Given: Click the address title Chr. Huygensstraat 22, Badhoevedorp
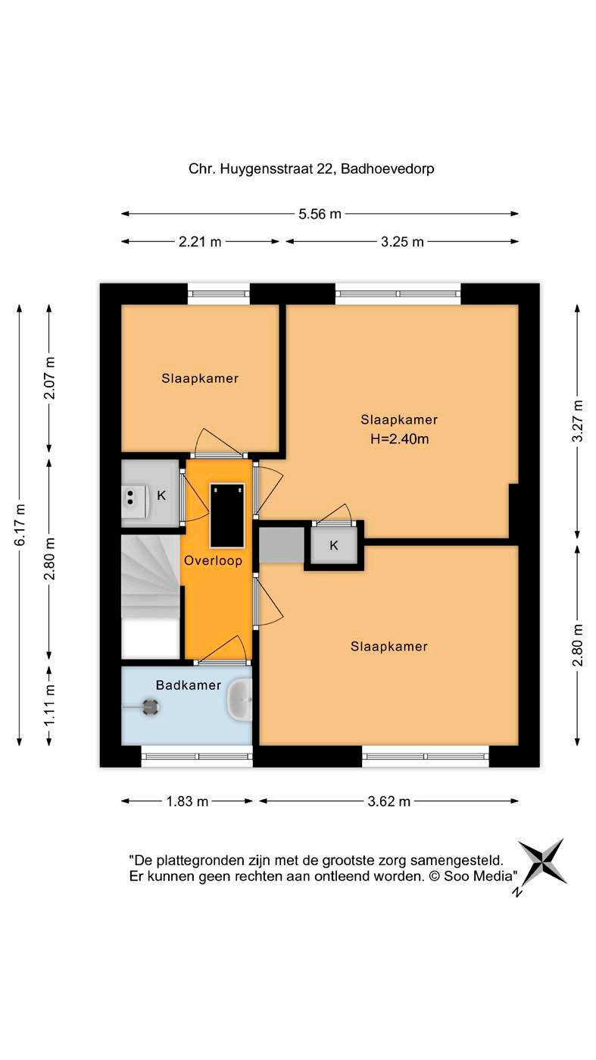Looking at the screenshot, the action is [311, 169].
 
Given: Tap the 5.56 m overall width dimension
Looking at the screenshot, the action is [320, 214].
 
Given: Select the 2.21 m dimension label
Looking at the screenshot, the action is [199, 242].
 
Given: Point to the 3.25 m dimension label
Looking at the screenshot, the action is [402, 242].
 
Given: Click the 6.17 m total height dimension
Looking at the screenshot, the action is [20, 525].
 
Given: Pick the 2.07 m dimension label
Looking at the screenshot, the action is [50, 378].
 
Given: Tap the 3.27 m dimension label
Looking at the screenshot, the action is [577, 421].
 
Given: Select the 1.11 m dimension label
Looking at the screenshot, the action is [50, 704].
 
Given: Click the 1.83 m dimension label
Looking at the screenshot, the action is [187, 801].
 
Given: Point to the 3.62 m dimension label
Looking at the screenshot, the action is [389, 801].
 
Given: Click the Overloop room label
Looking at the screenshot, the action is [213, 561].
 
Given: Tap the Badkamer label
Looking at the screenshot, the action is [188, 685].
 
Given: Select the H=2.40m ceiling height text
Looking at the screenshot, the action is [399, 439].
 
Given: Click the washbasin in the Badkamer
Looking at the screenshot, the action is [239, 700].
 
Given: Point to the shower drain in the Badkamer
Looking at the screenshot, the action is [151, 707].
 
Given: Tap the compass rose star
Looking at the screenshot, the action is [542, 863].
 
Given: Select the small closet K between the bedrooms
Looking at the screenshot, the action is [334, 546].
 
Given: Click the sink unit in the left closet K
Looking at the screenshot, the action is [135, 497].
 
